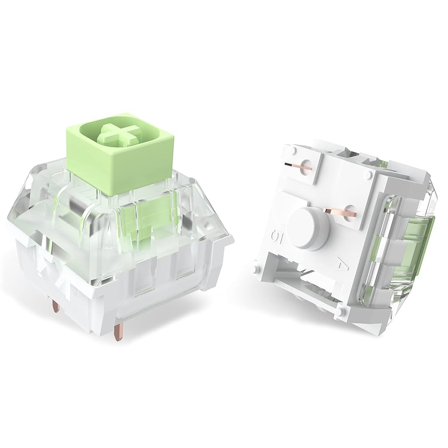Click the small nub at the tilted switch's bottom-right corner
tap(342, 310)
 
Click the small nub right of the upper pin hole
tap(370, 172)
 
